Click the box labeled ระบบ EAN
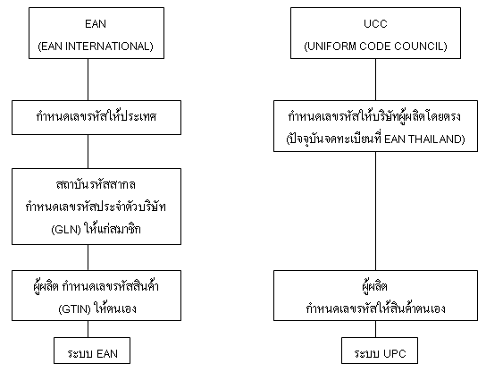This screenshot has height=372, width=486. tap(92, 351)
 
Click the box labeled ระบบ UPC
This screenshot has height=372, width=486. tap(380, 351)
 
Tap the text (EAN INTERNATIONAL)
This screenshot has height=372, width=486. tap(96, 46)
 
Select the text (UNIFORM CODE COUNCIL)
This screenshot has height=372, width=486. tap(375, 46)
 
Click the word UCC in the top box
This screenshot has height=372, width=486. tap(375, 24)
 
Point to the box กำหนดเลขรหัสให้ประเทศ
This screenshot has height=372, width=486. tap(96, 117)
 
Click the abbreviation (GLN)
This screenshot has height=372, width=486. tap(66, 230)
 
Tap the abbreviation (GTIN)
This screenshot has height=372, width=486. tap(74, 309)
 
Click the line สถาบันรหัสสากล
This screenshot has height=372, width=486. tap(96, 185)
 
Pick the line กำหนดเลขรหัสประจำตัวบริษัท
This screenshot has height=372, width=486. tap(96, 207)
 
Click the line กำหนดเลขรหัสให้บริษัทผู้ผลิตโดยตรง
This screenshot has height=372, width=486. tap(374, 116)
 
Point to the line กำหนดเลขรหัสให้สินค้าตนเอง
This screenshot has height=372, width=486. tap(375, 309)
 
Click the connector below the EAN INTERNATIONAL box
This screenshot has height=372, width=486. tap(88, 80)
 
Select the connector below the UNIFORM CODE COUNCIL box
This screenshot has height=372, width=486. tap(375, 80)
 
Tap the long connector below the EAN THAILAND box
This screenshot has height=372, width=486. tap(375, 211)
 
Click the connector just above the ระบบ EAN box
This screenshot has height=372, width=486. tap(88, 329)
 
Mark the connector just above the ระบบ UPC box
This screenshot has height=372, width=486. tap(375, 329)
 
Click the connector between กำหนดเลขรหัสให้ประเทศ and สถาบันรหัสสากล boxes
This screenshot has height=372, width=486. tap(88, 152)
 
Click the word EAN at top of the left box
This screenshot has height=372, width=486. tap(96, 24)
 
